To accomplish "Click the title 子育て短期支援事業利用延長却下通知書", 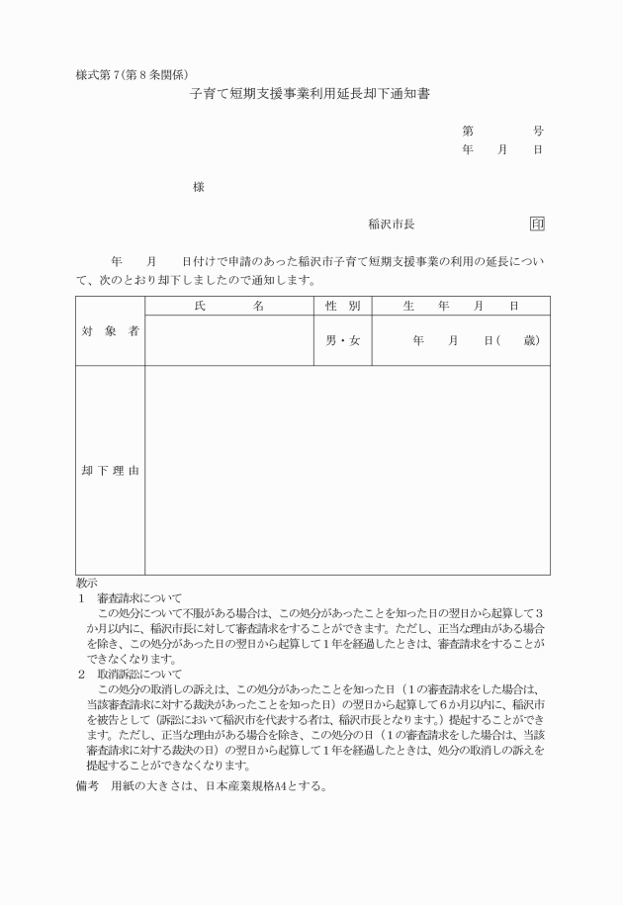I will [x=311, y=95].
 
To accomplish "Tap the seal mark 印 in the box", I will [x=537, y=225].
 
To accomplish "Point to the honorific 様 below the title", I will [x=199, y=187].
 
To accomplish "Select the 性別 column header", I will [x=342, y=307].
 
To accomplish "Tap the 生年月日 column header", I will [x=461, y=307].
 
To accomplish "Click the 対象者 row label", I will [x=109, y=331].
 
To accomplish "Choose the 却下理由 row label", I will [x=109, y=470].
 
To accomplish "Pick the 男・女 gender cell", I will [x=342, y=341].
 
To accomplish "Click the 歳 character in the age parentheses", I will [x=531, y=341].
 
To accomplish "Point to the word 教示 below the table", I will [x=86, y=584].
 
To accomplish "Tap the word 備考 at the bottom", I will [x=87, y=788].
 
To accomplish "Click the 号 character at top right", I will [x=538, y=131].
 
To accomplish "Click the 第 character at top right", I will [x=467, y=131].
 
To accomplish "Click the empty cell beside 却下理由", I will [x=347, y=470].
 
